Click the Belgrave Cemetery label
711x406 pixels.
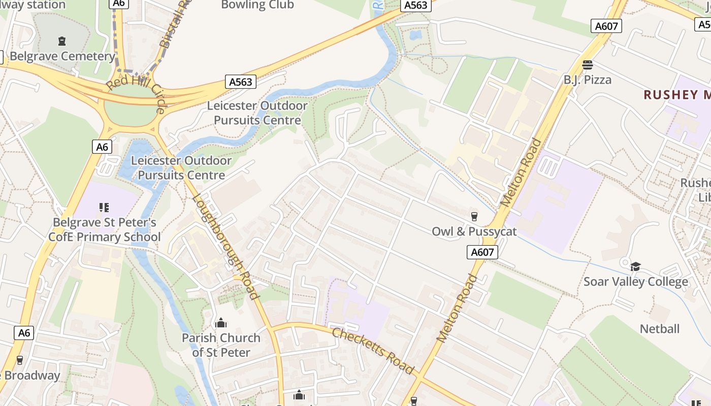[62, 56]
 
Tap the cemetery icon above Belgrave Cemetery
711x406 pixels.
[62, 41]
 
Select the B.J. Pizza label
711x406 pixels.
[588, 80]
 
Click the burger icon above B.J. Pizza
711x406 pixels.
[588, 65]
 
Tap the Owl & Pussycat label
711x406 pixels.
[474, 231]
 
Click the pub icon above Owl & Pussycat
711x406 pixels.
[474, 217]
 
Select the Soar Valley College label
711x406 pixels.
[635, 282]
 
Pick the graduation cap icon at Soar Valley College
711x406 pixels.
[635, 266]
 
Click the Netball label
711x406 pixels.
[659, 329]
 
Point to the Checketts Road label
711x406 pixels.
[373, 351]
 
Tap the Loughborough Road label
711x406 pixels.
[227, 247]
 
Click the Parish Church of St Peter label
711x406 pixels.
[221, 345]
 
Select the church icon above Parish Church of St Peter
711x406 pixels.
[221, 323]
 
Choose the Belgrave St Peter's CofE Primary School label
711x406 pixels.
[105, 230]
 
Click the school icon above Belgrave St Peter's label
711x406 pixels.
[104, 207]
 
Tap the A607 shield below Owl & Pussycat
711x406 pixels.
[482, 252]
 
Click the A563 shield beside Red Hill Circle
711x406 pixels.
[240, 82]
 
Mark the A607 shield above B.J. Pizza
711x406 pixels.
[606, 26]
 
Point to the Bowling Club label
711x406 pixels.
[257, 5]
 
